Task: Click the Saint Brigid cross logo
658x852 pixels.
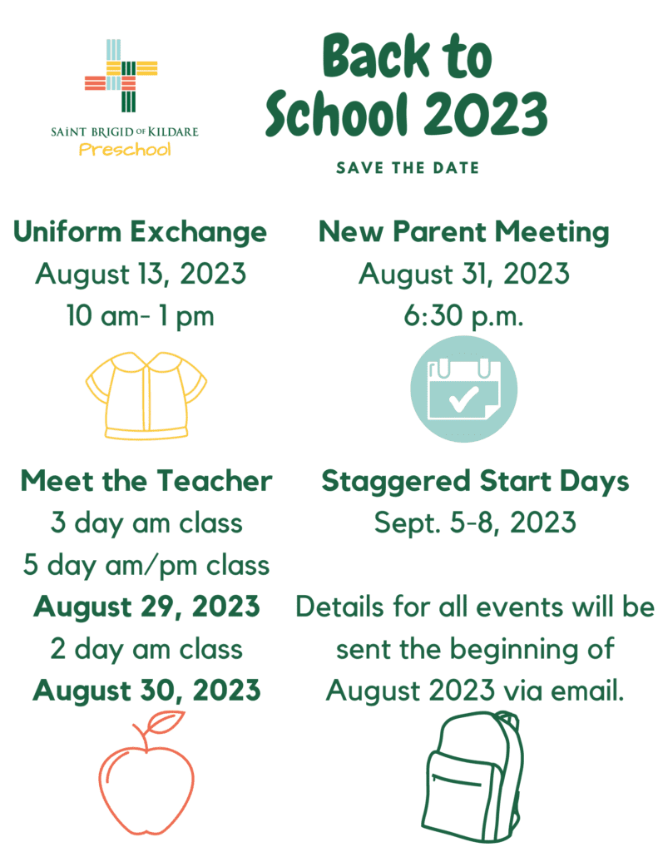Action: [x=121, y=76]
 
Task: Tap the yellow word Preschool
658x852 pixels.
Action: [x=125, y=150]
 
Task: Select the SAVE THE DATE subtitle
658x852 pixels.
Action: [x=408, y=168]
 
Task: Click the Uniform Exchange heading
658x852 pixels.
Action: [x=140, y=231]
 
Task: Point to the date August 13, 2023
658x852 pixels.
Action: [x=141, y=274]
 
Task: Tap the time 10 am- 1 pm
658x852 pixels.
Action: [x=141, y=316]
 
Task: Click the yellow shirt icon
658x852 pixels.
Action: [x=146, y=394]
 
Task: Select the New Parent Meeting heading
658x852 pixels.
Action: [x=464, y=231]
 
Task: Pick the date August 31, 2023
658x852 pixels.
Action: [x=464, y=274]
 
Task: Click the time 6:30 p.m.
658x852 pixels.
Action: [x=464, y=316]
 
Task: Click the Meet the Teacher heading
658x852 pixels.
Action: [x=146, y=481]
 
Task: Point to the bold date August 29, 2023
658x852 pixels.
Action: [x=146, y=607]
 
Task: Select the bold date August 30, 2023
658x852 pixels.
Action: [x=146, y=691]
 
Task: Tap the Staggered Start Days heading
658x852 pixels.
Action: [x=475, y=481]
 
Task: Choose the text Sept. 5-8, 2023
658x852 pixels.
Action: [x=475, y=523]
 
